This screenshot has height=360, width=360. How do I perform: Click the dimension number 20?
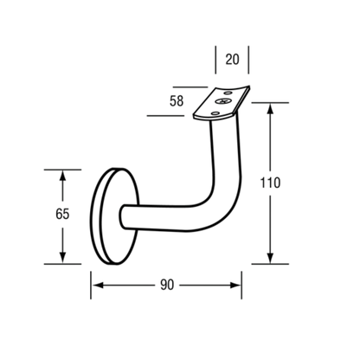pyautogui.click(x=232, y=59)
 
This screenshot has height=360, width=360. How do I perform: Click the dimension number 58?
pyautogui.click(x=177, y=101)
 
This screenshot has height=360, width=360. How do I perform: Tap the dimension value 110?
pyautogui.click(x=270, y=183)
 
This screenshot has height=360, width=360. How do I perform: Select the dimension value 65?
pyautogui.click(x=62, y=214)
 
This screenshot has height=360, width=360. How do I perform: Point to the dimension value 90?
pyautogui.click(x=167, y=285)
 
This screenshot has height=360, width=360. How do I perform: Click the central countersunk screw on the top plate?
pyautogui.click(x=224, y=101)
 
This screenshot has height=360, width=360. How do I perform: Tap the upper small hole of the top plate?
pyautogui.click(x=228, y=93)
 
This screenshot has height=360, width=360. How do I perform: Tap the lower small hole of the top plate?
pyautogui.click(x=215, y=113)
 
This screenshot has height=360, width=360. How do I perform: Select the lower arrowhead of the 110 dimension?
pyautogui.click(x=270, y=258)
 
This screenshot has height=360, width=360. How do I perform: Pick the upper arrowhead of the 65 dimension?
pyautogui.click(x=62, y=176)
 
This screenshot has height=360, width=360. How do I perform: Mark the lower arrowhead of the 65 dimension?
pyautogui.click(x=62, y=258)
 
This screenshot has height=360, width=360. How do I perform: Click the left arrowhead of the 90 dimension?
pyautogui.click(x=98, y=286)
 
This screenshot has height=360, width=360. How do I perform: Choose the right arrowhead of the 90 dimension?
pyautogui.click(x=235, y=286)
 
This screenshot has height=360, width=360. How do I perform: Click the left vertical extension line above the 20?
pyautogui.click(x=215, y=60)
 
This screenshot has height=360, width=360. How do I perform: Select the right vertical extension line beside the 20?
pyautogui.click(x=248, y=60)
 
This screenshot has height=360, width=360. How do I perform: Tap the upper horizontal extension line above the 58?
pyautogui.click(x=190, y=87)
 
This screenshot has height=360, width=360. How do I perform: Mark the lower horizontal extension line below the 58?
pyautogui.click(x=165, y=116)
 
